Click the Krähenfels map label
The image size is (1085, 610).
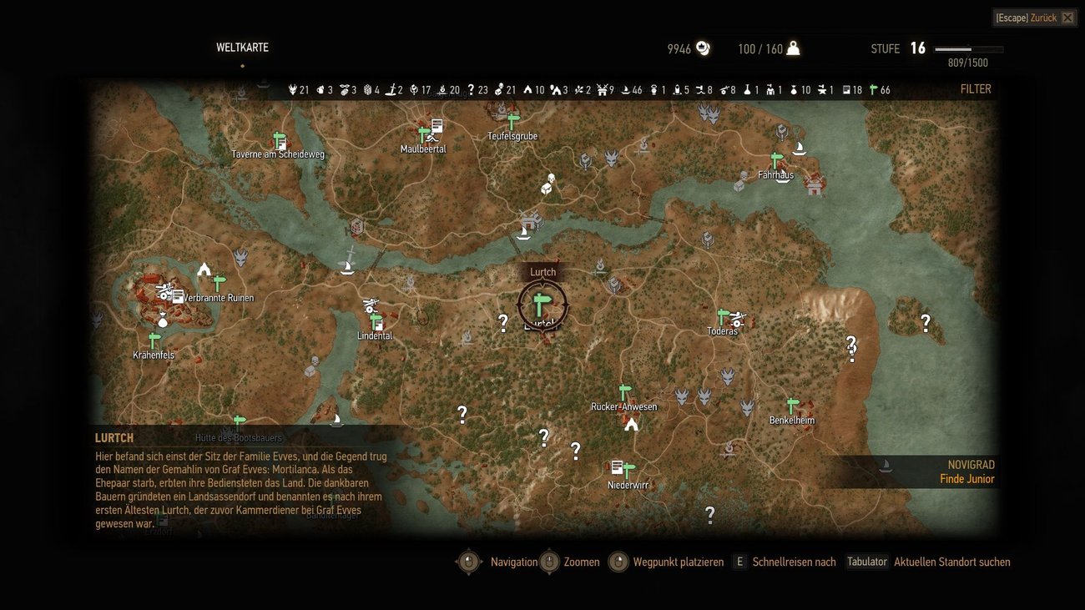(154, 355)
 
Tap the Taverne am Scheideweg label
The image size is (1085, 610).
(278, 154)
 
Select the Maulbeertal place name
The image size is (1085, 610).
(423, 149)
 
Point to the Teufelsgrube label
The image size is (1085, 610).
(512, 136)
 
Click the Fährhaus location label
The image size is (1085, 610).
(775, 175)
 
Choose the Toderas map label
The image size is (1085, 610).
(722, 331)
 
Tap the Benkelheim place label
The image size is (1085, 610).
(792, 421)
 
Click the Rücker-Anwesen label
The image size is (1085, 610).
(623, 407)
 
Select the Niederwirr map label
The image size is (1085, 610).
(628, 485)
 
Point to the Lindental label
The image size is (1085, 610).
(375, 336)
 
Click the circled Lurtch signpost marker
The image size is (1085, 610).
(542, 305)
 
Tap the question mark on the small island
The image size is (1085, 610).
(925, 322)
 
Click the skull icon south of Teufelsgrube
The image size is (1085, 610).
(551, 179)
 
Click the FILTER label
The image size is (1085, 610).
(976, 89)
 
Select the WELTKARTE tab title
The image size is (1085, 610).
(242, 48)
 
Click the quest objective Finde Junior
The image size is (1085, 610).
(966, 479)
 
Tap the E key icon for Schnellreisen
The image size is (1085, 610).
(739, 562)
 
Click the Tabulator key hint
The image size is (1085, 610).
(866, 562)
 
